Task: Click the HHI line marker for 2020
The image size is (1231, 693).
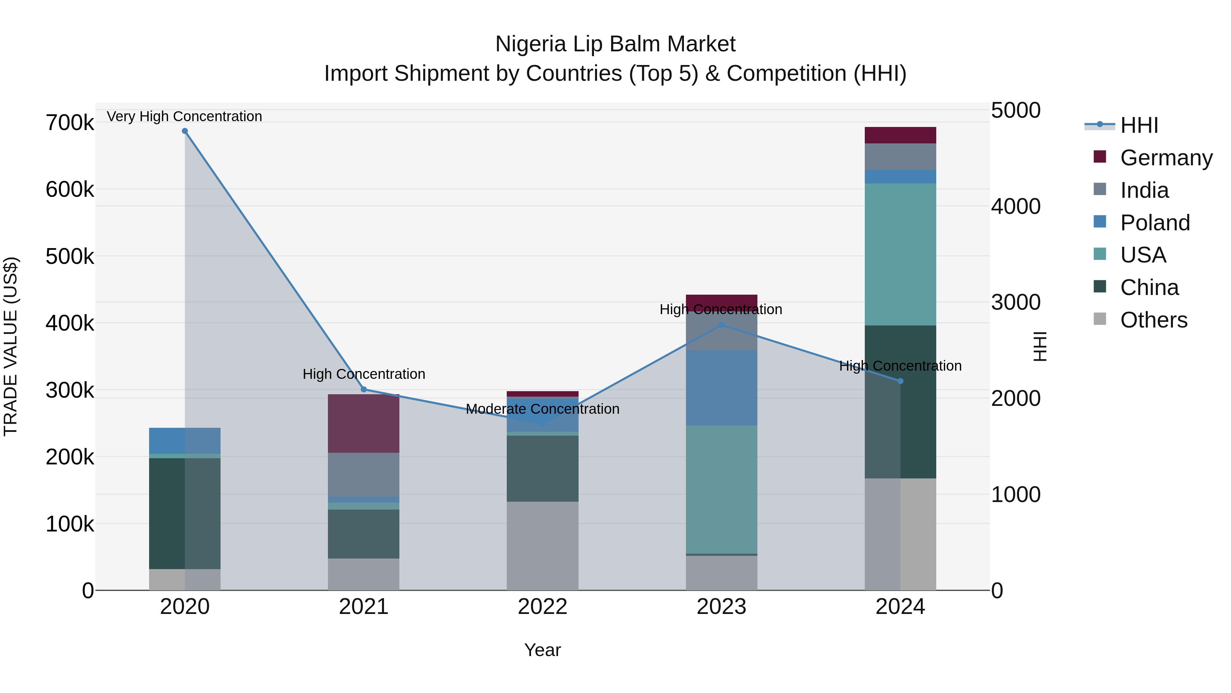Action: pos(185,131)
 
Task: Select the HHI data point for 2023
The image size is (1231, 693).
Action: pos(722,325)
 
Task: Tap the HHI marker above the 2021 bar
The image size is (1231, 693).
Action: pos(364,389)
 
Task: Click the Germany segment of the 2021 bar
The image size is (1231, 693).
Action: pos(364,423)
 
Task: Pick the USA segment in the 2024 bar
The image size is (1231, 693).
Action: pos(900,254)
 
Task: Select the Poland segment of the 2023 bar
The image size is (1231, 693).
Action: pos(722,387)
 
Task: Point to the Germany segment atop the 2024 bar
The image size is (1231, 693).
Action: pos(900,135)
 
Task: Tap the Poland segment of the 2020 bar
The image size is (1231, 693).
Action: pos(185,440)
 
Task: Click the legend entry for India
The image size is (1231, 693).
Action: pos(1144,190)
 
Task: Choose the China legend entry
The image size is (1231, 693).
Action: pos(1149,287)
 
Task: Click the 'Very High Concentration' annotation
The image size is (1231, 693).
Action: pos(184,116)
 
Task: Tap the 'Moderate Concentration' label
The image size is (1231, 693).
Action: pos(542,409)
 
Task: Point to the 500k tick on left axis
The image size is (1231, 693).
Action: pos(70,256)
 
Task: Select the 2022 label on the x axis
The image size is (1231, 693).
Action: pos(542,607)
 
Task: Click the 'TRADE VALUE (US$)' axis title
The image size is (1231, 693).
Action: pos(11,346)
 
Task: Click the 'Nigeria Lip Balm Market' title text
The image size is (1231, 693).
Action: pos(615,44)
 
